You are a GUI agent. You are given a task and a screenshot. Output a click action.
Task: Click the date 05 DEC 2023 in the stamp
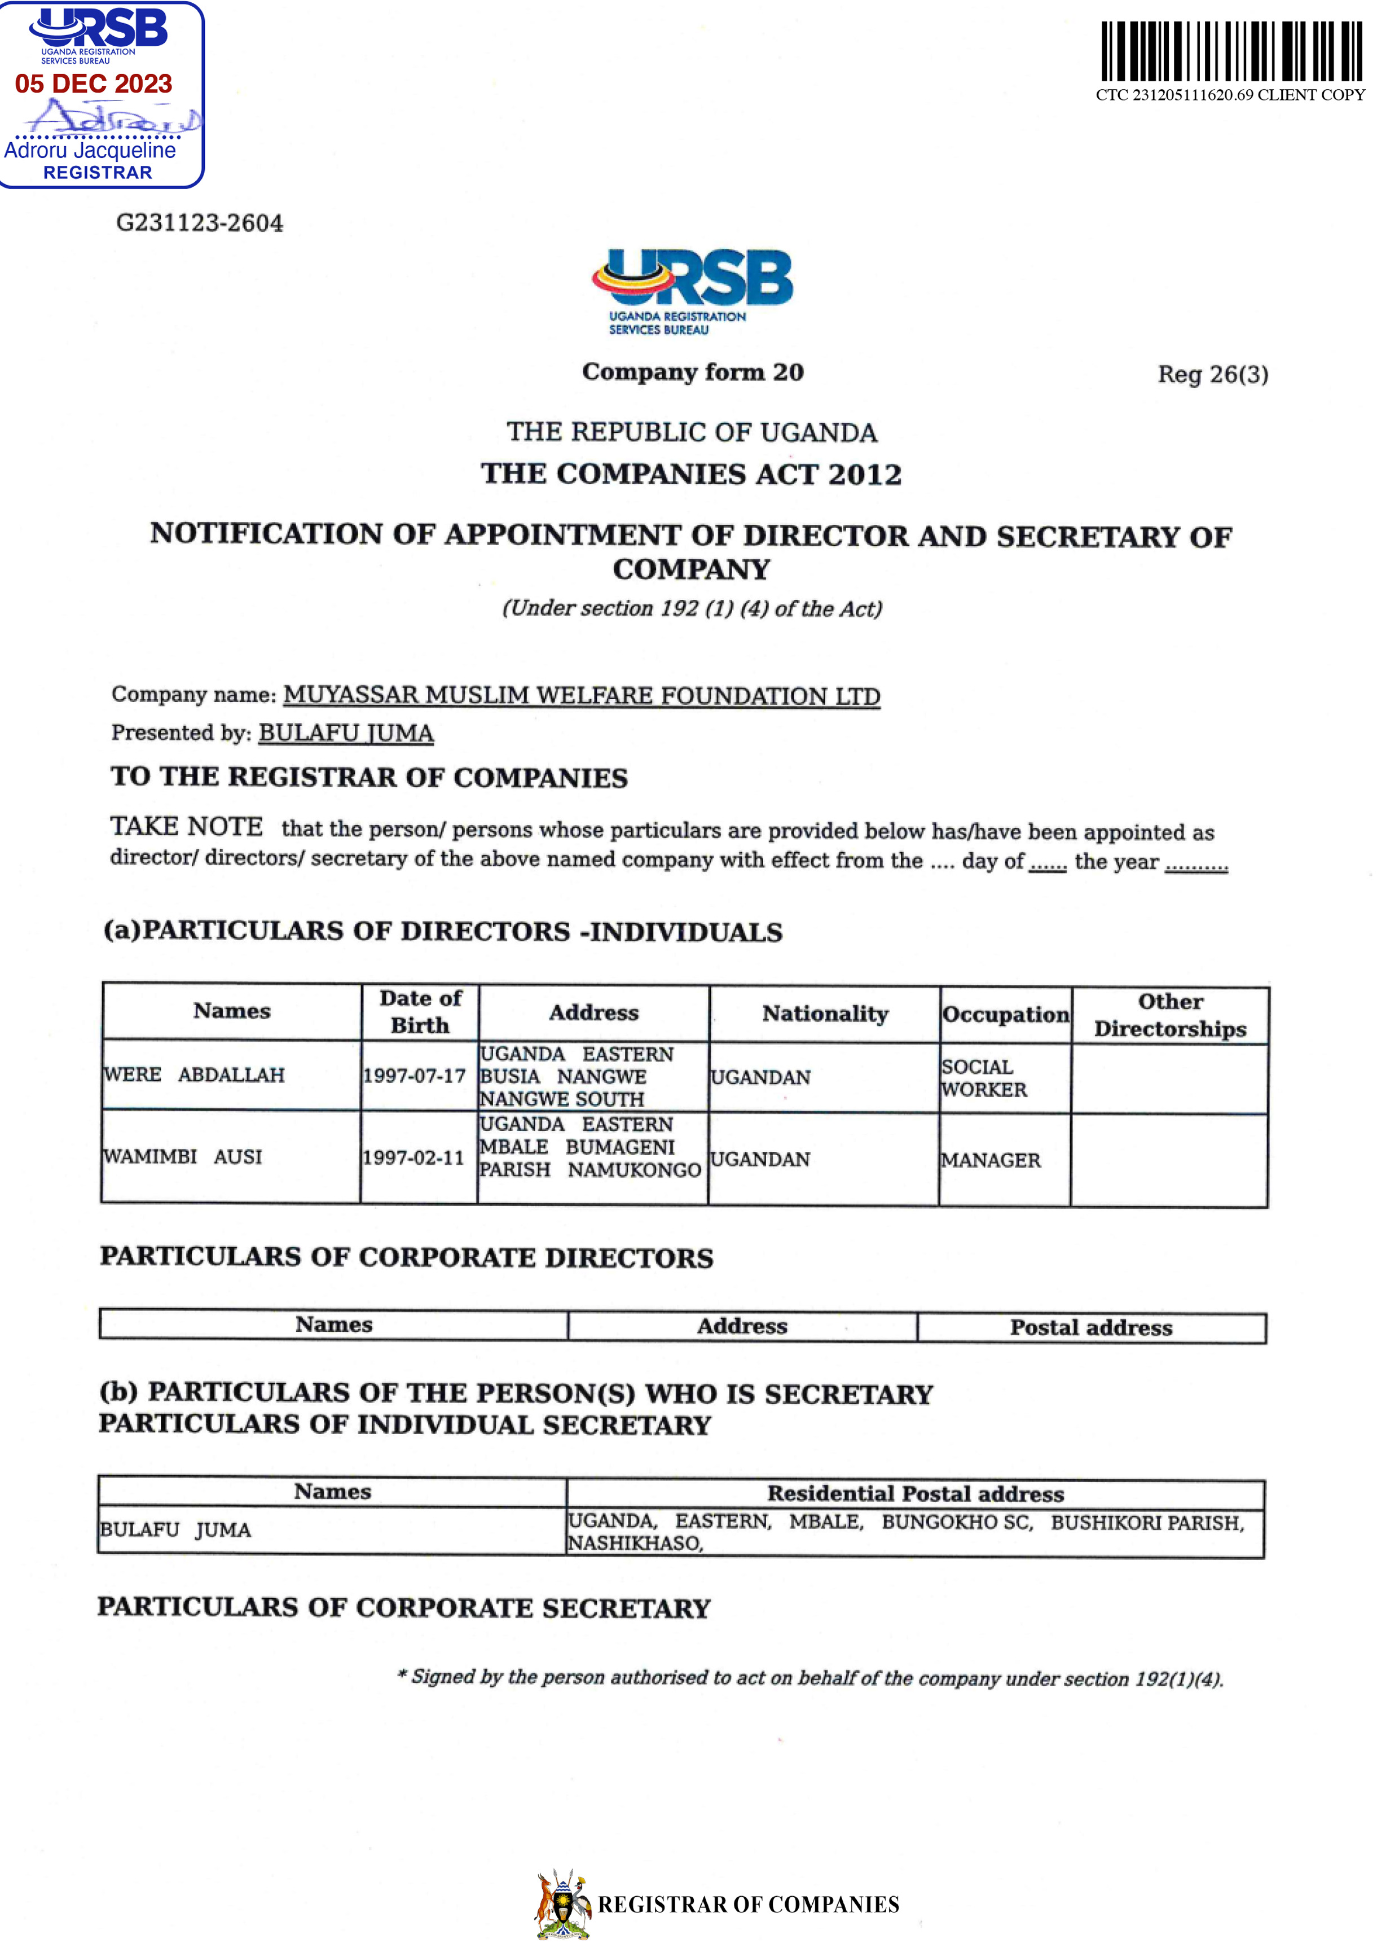click(x=93, y=84)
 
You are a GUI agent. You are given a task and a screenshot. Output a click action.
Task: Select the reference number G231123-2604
click(x=199, y=223)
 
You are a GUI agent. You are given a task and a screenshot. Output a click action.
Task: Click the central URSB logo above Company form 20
click(x=692, y=291)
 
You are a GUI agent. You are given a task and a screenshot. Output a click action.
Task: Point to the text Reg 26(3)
click(x=1212, y=375)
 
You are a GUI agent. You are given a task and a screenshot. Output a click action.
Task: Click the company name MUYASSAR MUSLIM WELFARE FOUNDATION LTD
click(x=582, y=695)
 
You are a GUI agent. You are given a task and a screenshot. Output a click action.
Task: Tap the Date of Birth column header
click(x=420, y=1012)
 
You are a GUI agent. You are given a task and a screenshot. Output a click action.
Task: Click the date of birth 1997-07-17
click(x=415, y=1076)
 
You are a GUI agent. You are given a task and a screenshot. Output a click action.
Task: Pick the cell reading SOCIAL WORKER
click(x=984, y=1078)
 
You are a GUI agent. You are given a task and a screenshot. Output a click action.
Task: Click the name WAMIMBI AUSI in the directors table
click(x=183, y=1156)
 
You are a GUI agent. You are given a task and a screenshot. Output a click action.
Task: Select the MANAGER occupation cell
click(x=991, y=1160)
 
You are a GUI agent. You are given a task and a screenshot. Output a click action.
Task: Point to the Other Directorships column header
click(x=1170, y=1015)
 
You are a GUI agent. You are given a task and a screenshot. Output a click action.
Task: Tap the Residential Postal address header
click(x=915, y=1493)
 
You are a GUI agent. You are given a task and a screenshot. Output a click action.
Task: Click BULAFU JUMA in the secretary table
click(x=176, y=1529)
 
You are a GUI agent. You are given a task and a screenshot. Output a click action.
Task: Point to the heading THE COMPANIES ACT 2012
click(x=691, y=474)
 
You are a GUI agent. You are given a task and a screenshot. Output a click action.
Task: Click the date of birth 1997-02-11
click(x=413, y=1157)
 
